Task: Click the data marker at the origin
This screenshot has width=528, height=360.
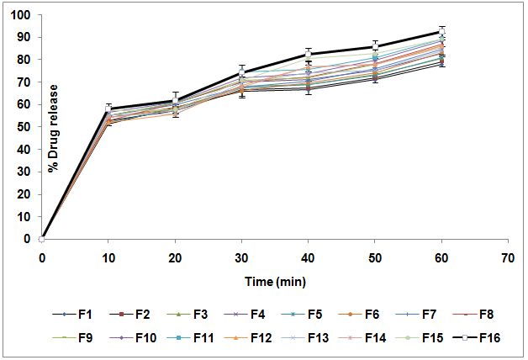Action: (42, 239)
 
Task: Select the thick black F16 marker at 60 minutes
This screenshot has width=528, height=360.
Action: (441, 32)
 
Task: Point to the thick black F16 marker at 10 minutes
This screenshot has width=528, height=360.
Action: (108, 109)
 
